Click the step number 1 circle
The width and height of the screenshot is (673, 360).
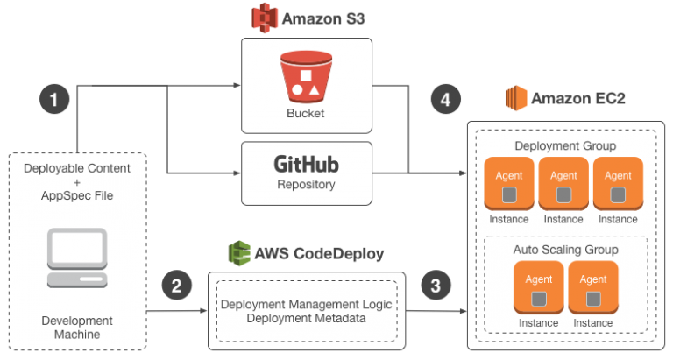point(54,100)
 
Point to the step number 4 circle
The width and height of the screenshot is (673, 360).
point(446,100)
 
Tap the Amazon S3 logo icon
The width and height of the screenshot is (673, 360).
point(264,18)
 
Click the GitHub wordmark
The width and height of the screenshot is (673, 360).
point(306,164)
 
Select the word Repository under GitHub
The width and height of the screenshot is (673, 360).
point(306,185)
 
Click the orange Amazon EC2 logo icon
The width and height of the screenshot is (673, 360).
point(518,99)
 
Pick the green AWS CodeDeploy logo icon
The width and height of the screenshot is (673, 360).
point(238,254)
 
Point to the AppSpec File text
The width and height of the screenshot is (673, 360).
point(77,195)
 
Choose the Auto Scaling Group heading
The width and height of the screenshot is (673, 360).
point(565,250)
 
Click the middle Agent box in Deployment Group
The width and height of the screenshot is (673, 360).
point(563,185)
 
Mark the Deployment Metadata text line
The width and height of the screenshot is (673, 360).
point(306,318)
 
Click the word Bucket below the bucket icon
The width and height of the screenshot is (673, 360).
point(306,114)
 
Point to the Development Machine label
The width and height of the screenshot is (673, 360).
point(77,328)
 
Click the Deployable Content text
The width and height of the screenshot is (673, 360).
point(77,168)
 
